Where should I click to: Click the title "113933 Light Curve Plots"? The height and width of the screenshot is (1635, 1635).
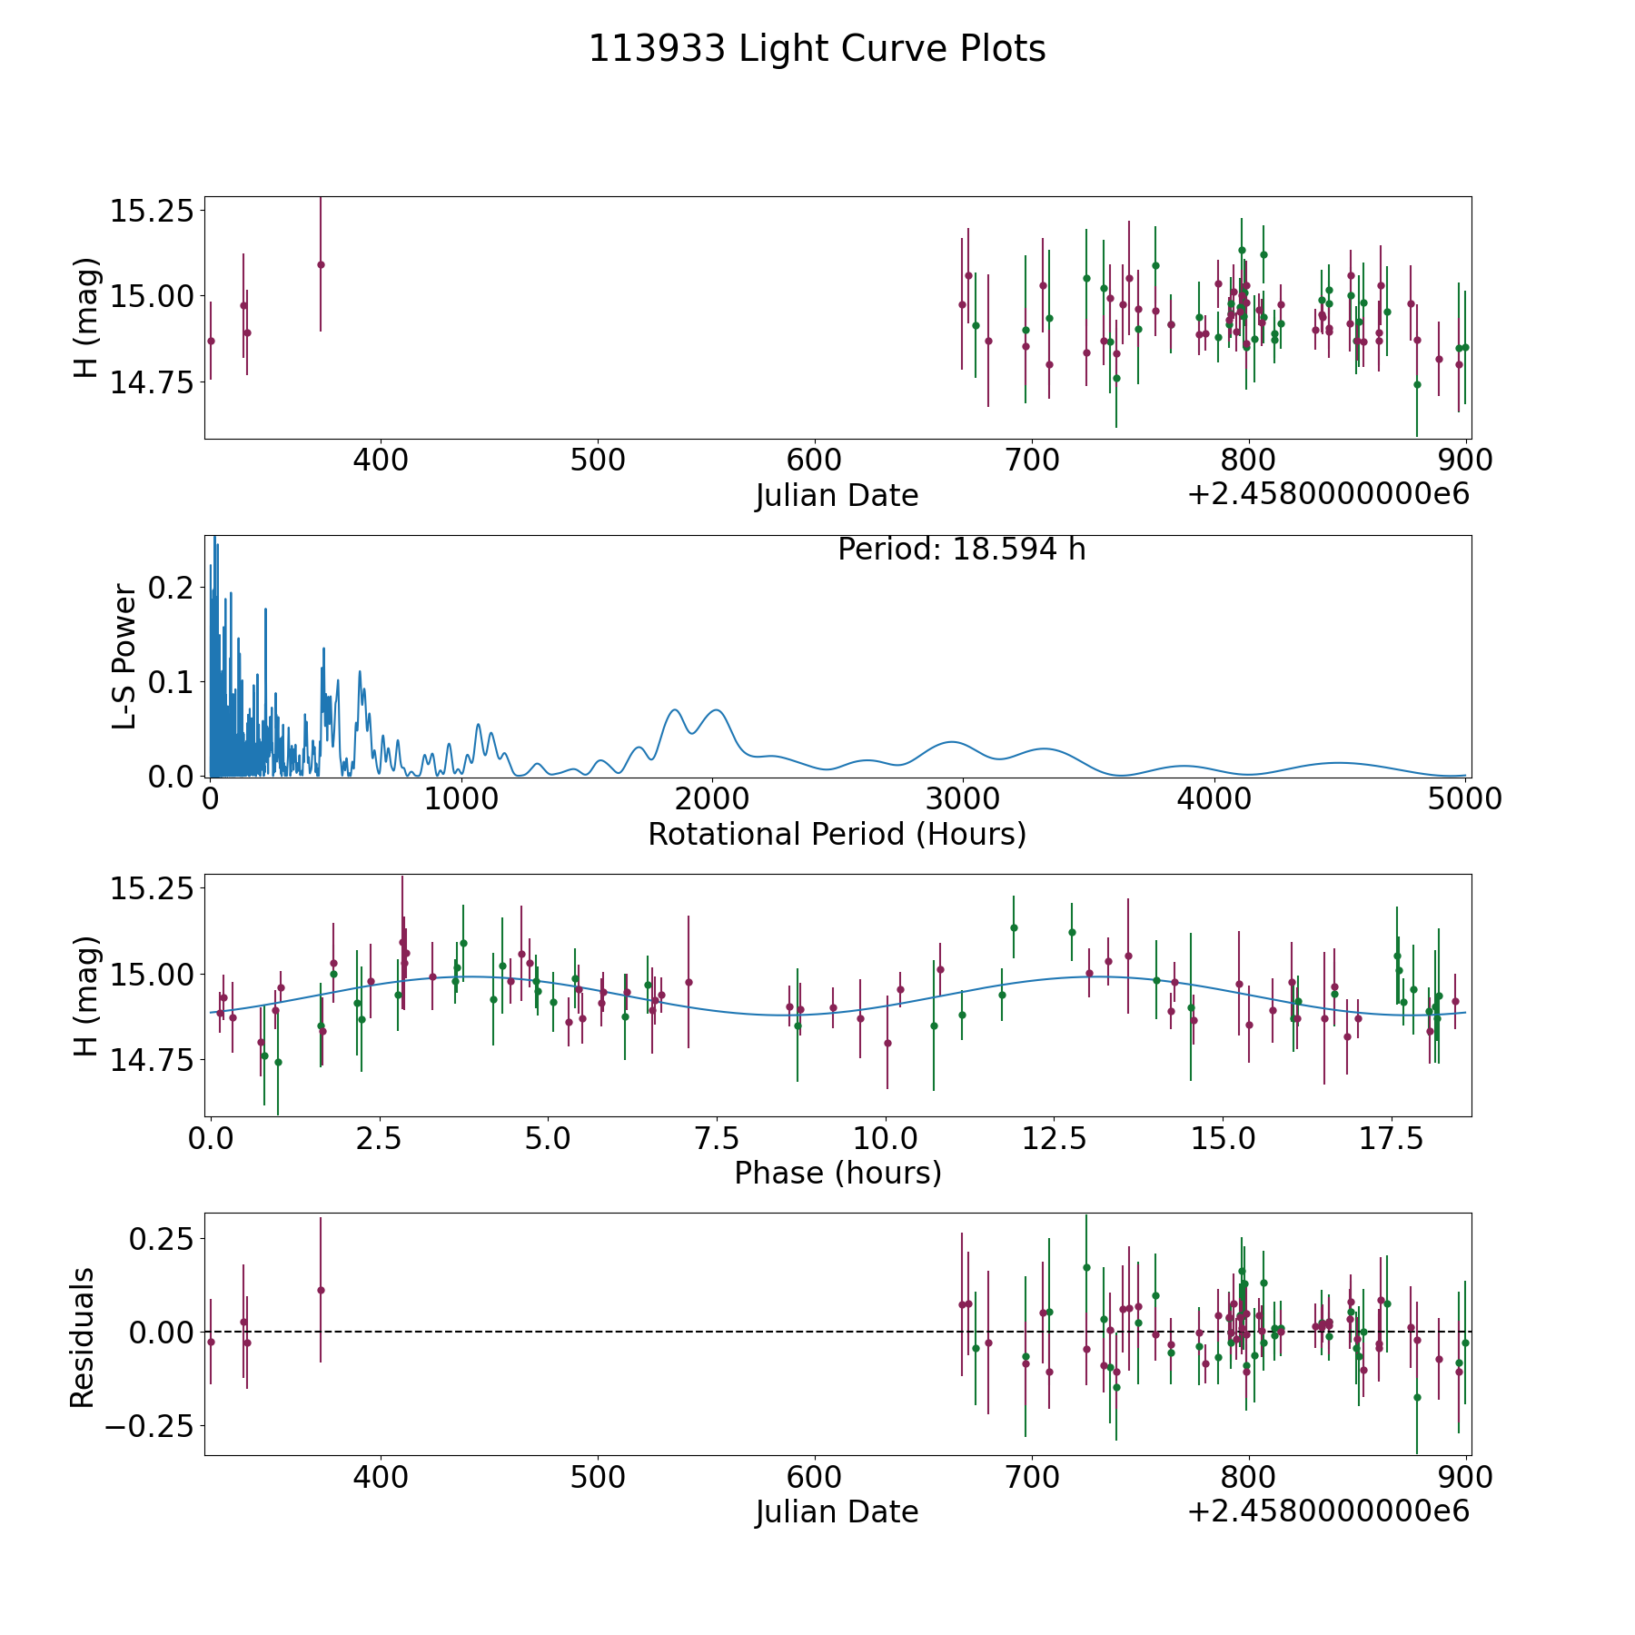click(817, 49)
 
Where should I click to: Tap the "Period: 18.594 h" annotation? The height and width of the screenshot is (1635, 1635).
click(961, 550)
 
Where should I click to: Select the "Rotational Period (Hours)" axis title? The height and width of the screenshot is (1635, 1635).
click(837, 834)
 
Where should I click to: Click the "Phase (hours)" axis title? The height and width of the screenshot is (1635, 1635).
click(837, 1173)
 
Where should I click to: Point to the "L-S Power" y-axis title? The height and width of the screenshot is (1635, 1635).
click(125, 657)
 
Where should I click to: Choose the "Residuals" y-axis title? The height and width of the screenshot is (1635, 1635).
click(83, 1337)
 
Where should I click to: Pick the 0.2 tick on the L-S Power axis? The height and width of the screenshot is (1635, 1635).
click(172, 588)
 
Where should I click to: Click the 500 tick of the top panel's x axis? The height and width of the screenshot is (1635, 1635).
click(597, 461)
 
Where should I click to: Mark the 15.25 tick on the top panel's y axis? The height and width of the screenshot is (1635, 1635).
click(152, 211)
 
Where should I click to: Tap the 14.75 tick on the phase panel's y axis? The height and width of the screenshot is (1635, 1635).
click(152, 1059)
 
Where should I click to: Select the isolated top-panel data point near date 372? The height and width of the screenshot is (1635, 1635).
click(321, 264)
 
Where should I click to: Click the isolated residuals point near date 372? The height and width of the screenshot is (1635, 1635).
click(321, 1290)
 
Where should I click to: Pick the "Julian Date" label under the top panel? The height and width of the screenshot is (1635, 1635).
click(837, 496)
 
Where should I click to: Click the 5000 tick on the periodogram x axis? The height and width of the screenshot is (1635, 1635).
click(1463, 799)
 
